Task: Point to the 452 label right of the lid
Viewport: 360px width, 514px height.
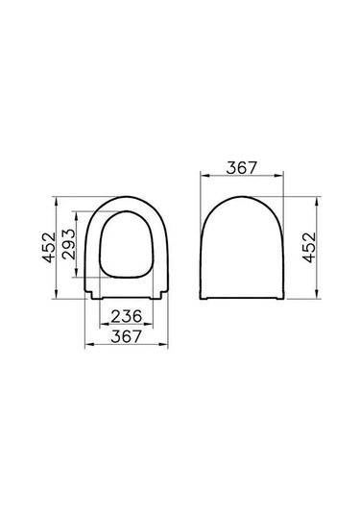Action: (309, 248)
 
